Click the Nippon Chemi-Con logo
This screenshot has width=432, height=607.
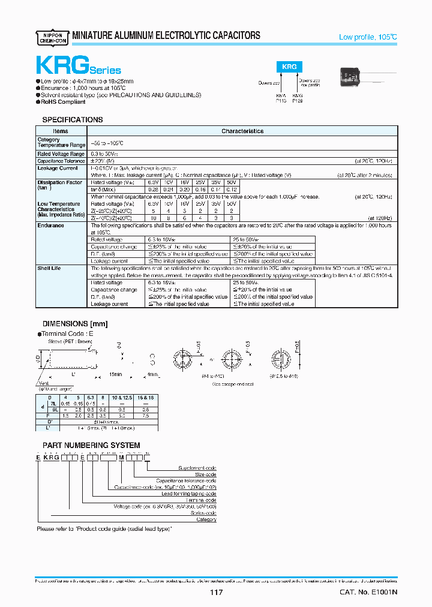tap(53, 36)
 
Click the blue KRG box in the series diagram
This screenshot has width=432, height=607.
tap(289, 68)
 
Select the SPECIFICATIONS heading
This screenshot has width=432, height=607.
tap(72, 120)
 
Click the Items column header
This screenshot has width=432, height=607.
tap(61, 131)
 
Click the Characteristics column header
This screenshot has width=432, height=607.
tap(242, 131)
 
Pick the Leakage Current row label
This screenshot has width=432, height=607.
tap(58, 169)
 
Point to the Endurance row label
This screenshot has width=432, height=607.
tap(50, 226)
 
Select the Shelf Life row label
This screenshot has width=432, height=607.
tap(49, 269)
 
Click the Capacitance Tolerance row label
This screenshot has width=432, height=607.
tap(61, 161)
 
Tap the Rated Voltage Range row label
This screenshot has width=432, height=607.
tap(61, 154)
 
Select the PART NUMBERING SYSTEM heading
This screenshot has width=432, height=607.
tap(91, 445)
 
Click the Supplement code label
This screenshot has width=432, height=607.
tap(197, 468)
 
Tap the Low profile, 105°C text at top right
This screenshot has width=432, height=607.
tap(368, 37)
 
